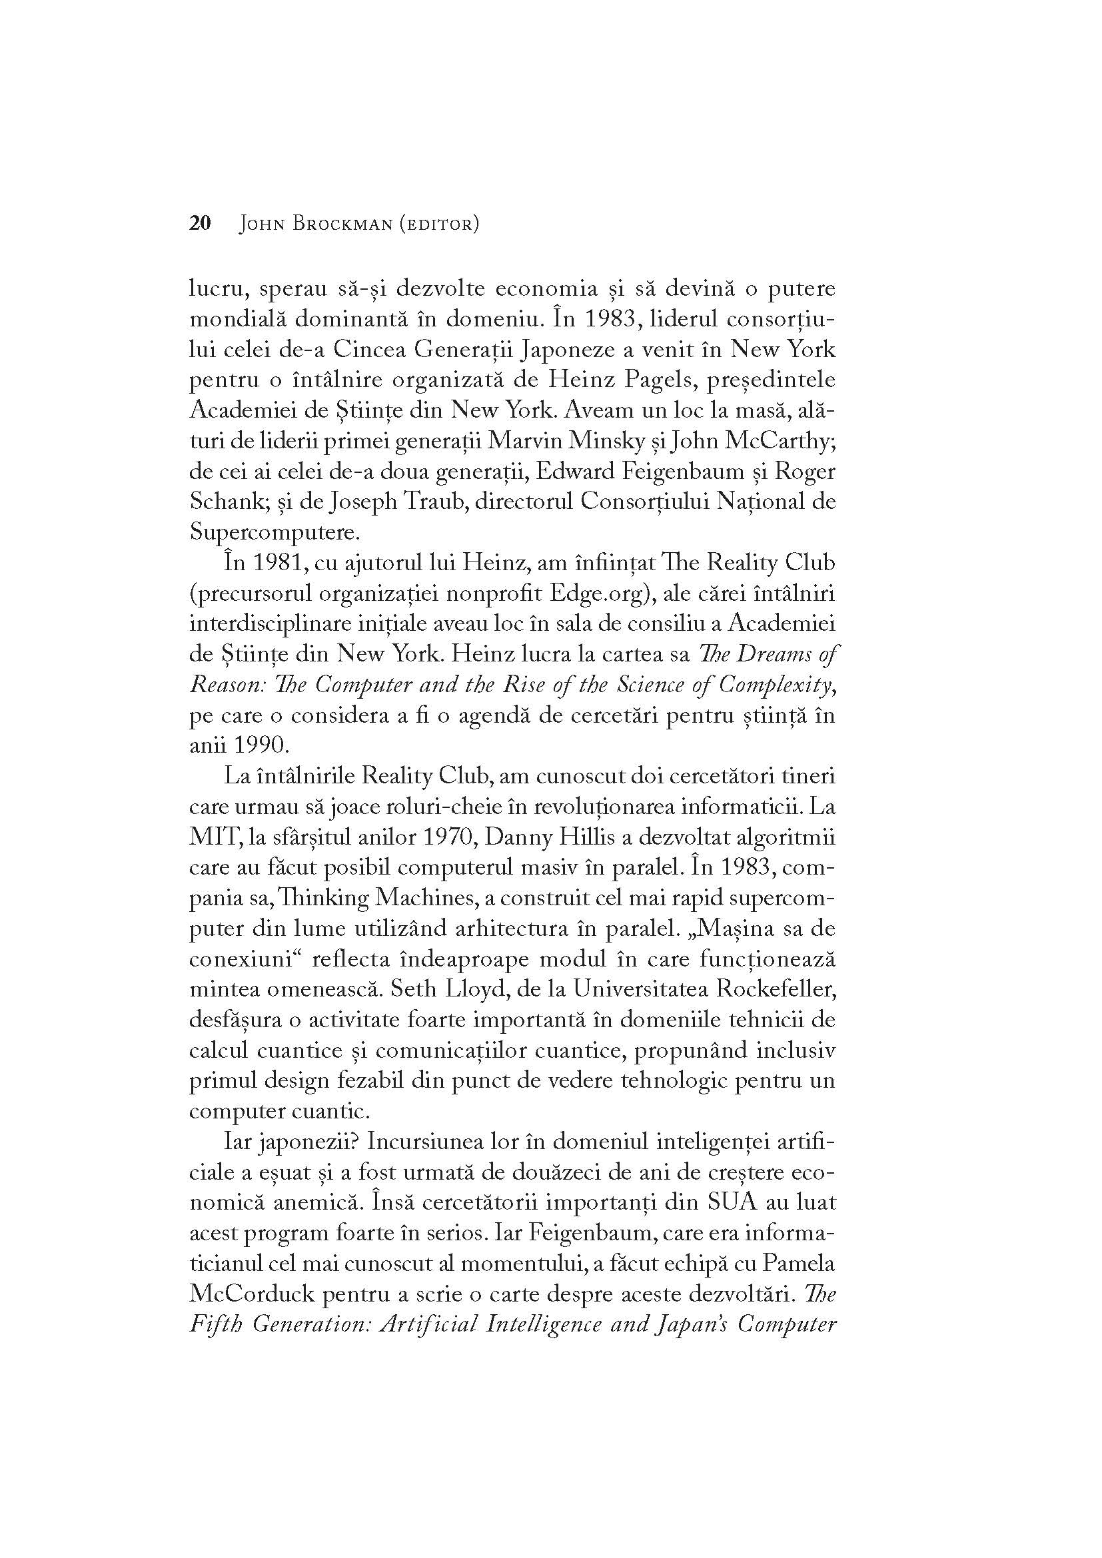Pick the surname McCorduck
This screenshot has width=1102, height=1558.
[x=250, y=1294]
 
